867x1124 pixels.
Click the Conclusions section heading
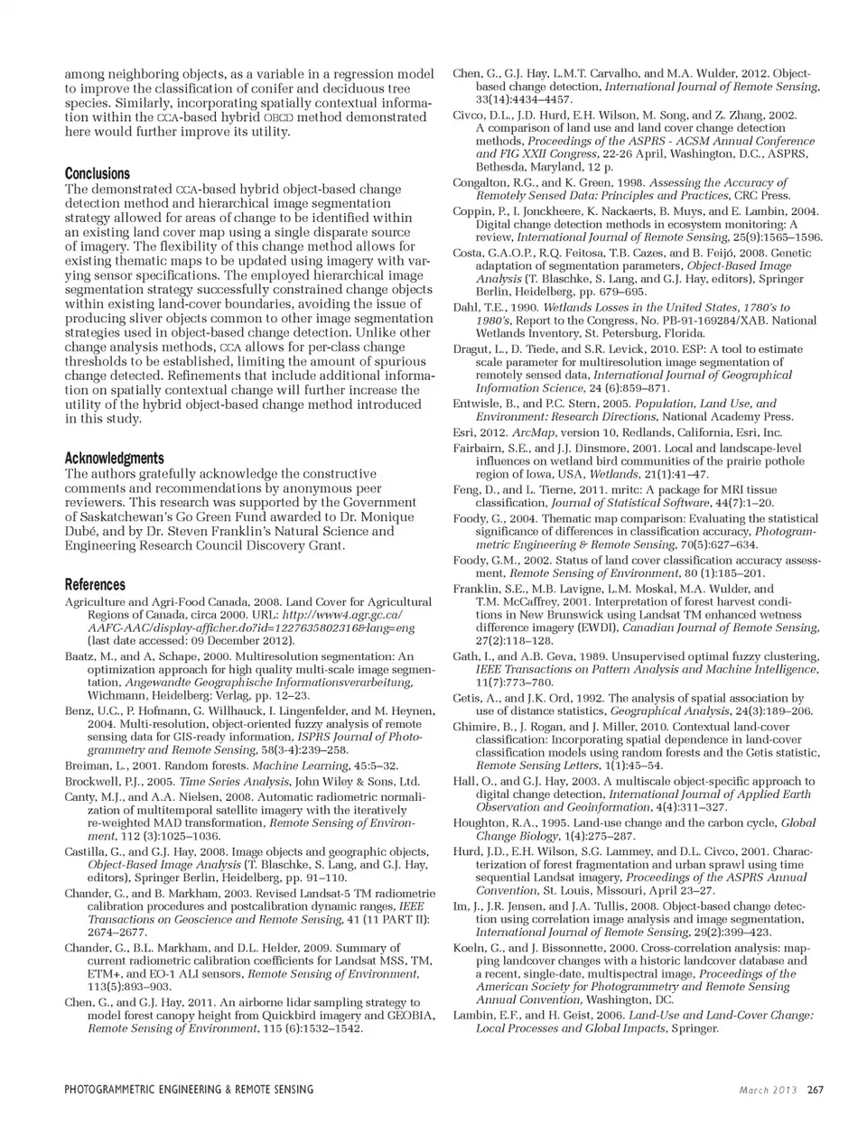[98, 173]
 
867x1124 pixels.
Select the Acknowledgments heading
[114, 458]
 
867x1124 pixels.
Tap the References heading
[95, 584]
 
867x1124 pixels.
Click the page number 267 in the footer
[816, 1090]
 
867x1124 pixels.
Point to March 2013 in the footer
[769, 1090]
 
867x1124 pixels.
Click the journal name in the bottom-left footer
[189, 1090]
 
